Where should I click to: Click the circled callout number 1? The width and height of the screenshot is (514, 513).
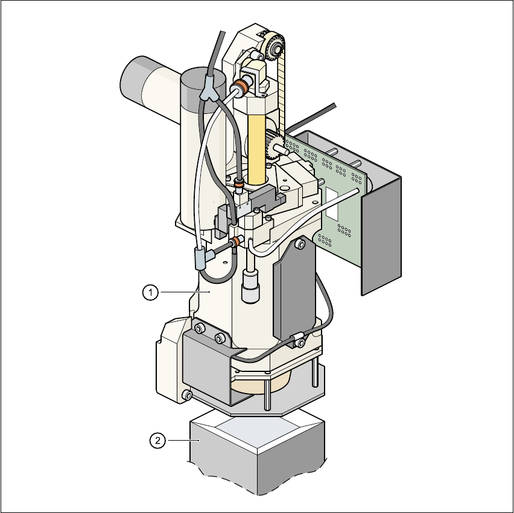click(150, 292)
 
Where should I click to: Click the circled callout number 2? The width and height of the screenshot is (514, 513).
click(157, 441)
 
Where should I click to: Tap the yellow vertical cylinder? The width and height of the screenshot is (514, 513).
click(256, 149)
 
